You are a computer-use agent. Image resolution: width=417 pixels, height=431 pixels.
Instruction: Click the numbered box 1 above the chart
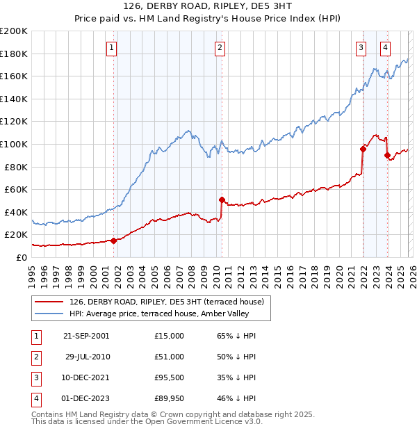[112, 48]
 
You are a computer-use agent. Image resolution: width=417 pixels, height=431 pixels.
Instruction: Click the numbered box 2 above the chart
[220, 48]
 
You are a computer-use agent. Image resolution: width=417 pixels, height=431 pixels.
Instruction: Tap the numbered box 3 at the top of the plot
[361, 48]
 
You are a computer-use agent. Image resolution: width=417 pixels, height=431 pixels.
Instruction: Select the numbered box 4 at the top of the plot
[385, 48]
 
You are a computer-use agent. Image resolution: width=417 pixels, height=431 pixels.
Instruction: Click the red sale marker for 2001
[113, 241]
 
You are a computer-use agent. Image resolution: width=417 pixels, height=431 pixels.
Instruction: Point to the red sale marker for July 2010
[222, 200]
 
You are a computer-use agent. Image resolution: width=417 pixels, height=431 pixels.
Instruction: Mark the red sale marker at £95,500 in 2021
[363, 149]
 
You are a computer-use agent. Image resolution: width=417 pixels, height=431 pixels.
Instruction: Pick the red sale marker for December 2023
[387, 156]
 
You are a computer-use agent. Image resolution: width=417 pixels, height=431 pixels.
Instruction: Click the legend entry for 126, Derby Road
[166, 302]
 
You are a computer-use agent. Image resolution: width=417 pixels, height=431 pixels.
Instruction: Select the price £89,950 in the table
[169, 398]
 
